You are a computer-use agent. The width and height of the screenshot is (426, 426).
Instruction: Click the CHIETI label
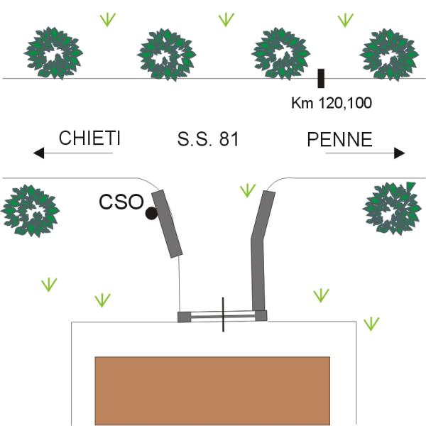coord(89,138)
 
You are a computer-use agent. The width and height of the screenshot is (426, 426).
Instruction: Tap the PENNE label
coord(339,139)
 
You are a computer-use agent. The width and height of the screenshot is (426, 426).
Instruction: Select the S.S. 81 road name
coord(208,139)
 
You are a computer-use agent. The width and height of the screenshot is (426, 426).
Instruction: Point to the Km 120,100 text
coord(332,103)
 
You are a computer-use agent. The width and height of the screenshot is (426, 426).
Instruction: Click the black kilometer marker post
coord(321,78)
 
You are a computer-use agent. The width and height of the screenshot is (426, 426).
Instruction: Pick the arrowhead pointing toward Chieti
coord(38,153)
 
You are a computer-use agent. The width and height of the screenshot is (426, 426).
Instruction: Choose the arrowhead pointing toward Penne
coord(400,153)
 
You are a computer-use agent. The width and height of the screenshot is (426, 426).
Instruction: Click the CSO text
coord(121,202)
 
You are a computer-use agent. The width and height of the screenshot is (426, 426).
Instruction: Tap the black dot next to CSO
coord(151,214)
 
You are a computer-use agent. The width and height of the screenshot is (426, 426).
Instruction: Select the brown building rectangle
coord(212,391)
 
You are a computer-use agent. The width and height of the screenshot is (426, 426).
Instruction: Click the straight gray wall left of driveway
coord(167,224)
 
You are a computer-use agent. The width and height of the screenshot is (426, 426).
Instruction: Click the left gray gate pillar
coord(184,317)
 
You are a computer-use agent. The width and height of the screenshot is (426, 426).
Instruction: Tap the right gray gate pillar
coord(261,316)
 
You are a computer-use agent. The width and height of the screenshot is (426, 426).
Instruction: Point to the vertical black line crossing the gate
coord(223,315)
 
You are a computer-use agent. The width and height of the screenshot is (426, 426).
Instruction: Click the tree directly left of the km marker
coord(280,54)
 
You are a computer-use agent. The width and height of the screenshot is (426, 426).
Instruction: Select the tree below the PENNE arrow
coord(392,209)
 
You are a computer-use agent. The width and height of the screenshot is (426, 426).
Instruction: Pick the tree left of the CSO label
coord(30,211)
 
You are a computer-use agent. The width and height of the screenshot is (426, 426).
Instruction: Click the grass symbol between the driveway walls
coord(248,190)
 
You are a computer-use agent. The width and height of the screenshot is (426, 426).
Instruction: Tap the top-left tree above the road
coord(53,53)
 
